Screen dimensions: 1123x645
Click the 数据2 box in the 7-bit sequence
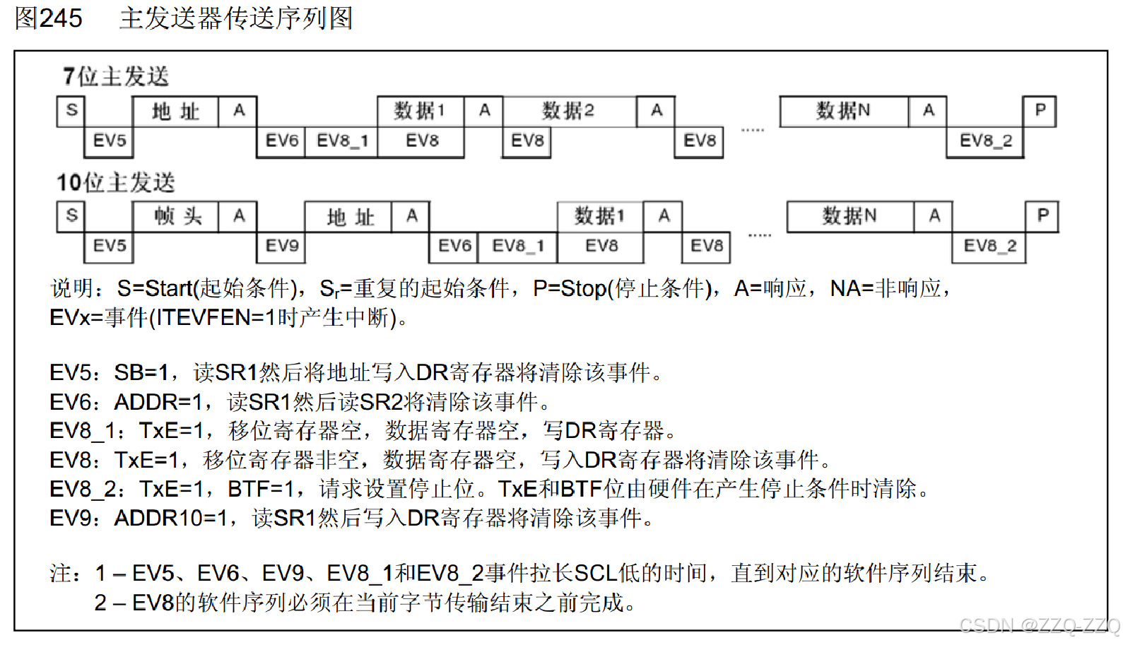(569, 111)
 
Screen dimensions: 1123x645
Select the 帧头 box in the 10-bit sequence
(176, 216)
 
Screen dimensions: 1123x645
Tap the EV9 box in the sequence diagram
(281, 246)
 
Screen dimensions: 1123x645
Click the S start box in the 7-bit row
(71, 111)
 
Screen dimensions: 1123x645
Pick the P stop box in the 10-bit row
(1042, 216)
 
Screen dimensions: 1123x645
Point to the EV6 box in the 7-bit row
(281, 141)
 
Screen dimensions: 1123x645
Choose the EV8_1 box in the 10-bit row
(517, 246)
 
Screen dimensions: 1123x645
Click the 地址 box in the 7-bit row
(176, 111)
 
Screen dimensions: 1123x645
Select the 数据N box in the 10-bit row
(849, 216)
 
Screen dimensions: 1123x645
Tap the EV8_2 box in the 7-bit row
(985, 141)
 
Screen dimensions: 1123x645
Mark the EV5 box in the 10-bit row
(110, 246)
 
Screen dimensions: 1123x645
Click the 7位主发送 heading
(116, 76)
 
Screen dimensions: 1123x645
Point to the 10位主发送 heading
(116, 182)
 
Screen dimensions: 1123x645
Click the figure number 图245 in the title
(48, 18)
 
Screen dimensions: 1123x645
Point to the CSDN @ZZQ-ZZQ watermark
(1039, 625)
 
